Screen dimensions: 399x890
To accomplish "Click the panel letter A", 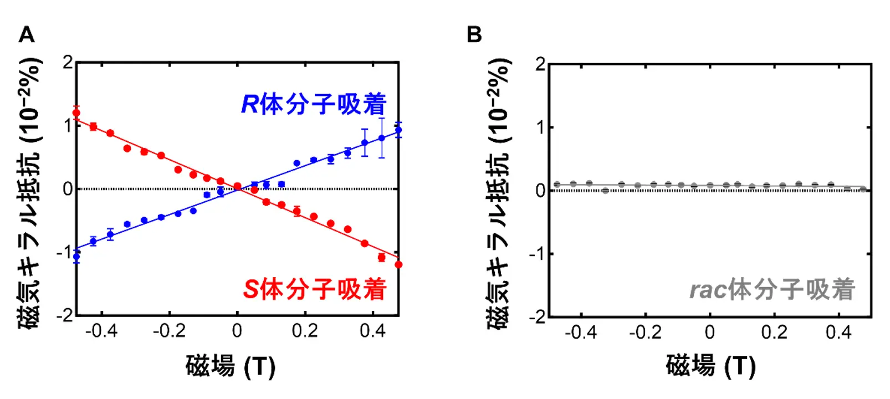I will tap(27, 35).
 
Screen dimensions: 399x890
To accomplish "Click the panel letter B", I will tap(474, 35).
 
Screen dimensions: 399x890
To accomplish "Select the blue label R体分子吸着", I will tap(314, 104).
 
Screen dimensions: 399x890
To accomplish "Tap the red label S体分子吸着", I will tap(314, 289).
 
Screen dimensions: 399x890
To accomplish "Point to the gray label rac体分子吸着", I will tap(772, 289).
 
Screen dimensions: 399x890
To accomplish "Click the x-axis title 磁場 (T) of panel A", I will tap(230, 366).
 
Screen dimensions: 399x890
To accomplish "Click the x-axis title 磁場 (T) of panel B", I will tap(710, 366).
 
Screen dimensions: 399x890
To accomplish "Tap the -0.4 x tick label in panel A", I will tap(101, 331).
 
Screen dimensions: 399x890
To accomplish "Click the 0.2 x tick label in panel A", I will tap(305, 331).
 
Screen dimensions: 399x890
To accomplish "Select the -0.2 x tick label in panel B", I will tap(645, 332).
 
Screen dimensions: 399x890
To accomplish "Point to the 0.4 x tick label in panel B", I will tap(838, 332).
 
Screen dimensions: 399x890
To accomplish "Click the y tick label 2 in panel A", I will tap(68, 63).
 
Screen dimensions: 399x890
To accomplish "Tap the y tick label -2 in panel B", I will tap(537, 318).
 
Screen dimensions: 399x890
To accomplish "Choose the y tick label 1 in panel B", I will tap(540, 127).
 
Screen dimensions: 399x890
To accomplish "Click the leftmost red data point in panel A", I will tap(76, 113).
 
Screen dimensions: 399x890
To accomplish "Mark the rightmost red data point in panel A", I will tap(398, 265).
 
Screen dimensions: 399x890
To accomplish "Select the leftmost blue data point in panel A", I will tap(76, 257).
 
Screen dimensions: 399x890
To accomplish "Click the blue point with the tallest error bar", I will tap(381, 138).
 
